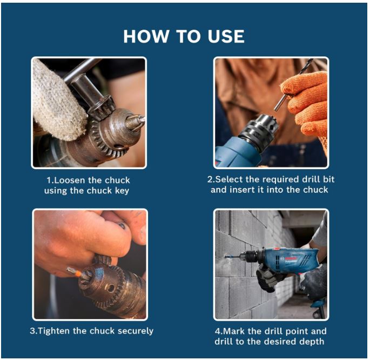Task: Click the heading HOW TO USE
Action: [184, 36]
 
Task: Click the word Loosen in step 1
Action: [68, 180]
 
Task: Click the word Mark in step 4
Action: [233, 331]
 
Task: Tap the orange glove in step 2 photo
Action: [308, 103]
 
